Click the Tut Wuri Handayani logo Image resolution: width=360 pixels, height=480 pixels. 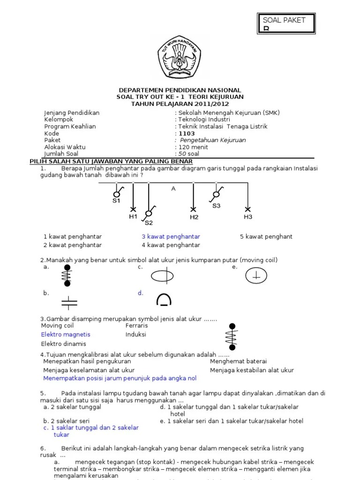click(x=180, y=57)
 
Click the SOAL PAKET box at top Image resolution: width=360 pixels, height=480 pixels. click(x=286, y=23)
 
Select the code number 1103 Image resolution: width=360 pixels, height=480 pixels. click(x=187, y=134)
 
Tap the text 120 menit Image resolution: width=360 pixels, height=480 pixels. click(x=193, y=147)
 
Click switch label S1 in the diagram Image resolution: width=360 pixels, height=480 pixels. click(x=116, y=201)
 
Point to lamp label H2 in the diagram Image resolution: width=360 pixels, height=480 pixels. click(x=194, y=217)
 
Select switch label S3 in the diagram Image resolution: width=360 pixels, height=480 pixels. click(x=217, y=206)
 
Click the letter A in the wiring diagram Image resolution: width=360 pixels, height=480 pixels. click(x=173, y=188)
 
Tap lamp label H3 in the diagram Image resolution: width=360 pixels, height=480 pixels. click(x=248, y=217)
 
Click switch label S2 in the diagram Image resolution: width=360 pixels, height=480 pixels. click(x=149, y=223)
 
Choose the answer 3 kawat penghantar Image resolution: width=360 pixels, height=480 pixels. click(x=171, y=237)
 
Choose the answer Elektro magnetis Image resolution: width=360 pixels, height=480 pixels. click(x=66, y=335)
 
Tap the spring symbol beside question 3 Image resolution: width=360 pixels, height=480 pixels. click(x=232, y=337)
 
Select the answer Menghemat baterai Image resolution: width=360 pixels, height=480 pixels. click(x=238, y=361)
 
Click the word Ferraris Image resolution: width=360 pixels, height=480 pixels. click(x=136, y=326)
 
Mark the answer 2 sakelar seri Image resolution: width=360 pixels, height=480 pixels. click(x=66, y=421)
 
